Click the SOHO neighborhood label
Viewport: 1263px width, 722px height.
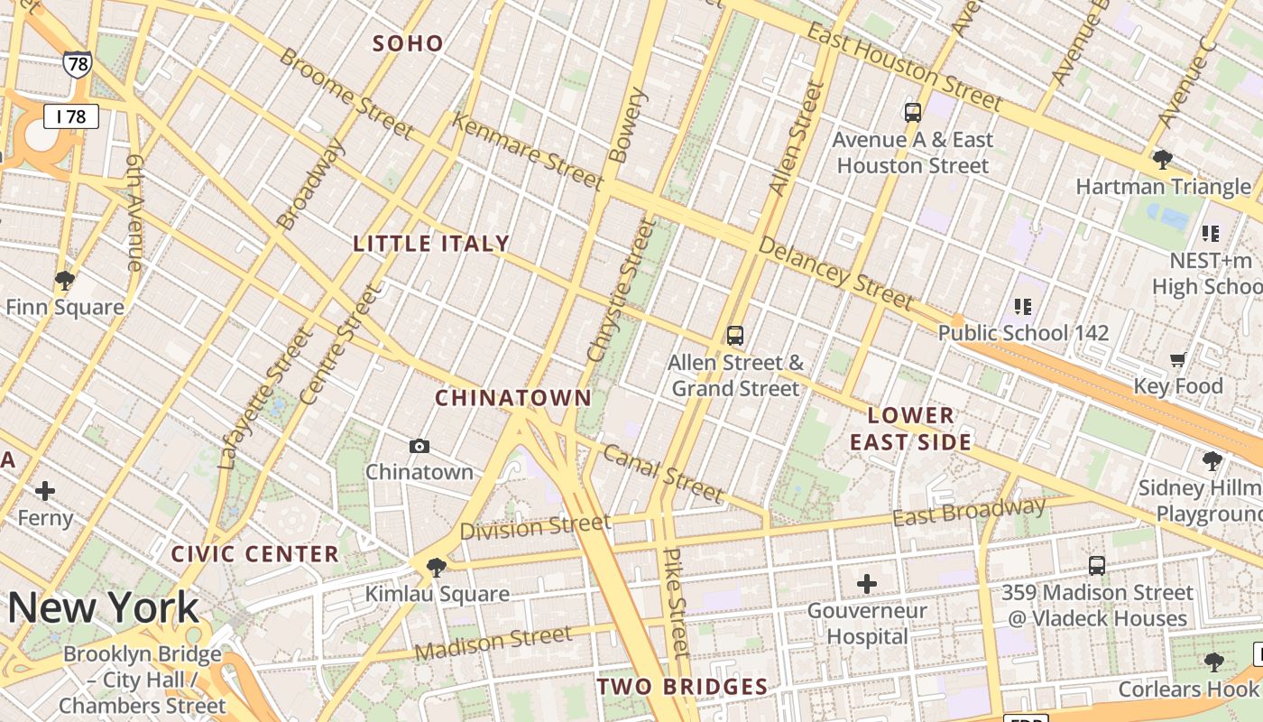(408, 43)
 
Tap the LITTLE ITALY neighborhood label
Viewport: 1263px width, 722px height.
(431, 244)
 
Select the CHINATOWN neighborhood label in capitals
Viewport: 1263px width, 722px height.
(512, 398)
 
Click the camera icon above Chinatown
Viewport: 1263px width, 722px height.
(419, 446)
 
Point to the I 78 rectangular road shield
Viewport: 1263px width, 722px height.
(70, 116)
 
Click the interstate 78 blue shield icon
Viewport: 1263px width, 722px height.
(77, 63)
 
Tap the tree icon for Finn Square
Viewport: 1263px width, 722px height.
(64, 280)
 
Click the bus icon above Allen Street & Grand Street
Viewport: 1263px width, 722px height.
(735, 336)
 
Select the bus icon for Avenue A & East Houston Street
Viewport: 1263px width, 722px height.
(913, 113)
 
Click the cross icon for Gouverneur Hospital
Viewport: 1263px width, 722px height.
(866, 584)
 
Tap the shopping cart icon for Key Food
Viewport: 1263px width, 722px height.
(1177, 360)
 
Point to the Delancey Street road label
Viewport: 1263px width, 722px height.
(835, 273)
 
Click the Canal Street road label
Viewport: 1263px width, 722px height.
(663, 474)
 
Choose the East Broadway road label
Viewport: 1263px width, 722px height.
(969, 513)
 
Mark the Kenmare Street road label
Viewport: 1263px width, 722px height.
(527, 152)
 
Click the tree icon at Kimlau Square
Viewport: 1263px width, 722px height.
(437, 567)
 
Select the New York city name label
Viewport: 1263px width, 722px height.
(103, 608)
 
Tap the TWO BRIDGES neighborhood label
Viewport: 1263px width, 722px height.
(682, 687)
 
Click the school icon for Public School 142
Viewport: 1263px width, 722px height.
(1022, 306)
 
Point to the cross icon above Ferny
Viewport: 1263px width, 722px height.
(45, 491)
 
